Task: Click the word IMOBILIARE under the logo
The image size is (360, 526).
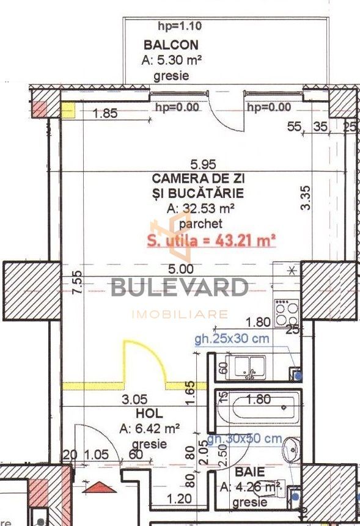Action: (x=180, y=315)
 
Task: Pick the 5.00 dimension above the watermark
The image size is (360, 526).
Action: (x=182, y=268)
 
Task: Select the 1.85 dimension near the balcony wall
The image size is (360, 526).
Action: (x=105, y=112)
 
